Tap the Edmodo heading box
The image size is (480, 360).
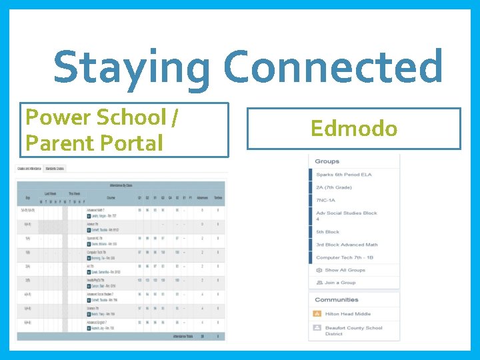coord(353,129)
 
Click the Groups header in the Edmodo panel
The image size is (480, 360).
coord(327,161)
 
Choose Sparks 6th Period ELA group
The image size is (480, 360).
coord(344,175)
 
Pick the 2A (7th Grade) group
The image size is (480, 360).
coord(334,187)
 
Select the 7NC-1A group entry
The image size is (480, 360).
coord(327,200)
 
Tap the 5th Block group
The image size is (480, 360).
coord(328,232)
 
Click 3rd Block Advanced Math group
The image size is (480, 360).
coord(347,245)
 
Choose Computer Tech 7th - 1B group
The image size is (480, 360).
coord(345,257)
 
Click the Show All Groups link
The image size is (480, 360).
coord(345,270)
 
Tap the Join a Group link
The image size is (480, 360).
coord(340,283)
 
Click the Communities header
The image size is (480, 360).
coord(336,300)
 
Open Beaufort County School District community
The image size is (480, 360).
coord(353,331)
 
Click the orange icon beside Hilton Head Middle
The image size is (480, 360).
coord(317,314)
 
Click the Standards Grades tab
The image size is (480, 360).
coord(55,169)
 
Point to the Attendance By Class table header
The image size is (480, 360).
coord(121,185)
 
